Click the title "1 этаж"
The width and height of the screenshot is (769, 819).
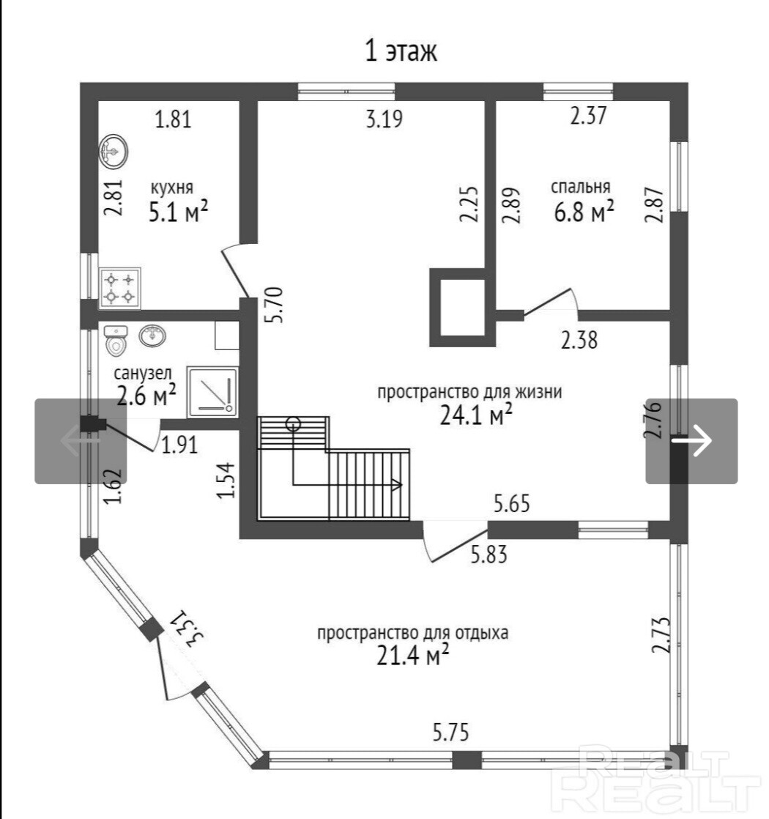pyautogui.click(x=401, y=51)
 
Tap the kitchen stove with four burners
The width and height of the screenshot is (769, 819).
pyautogui.click(x=119, y=288)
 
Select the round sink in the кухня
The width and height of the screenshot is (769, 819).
pyautogui.click(x=114, y=152)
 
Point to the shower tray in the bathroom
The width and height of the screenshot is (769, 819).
pyautogui.click(x=212, y=392)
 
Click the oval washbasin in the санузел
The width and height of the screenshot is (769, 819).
pyautogui.click(x=152, y=335)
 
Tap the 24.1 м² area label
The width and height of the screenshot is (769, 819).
pyautogui.click(x=476, y=415)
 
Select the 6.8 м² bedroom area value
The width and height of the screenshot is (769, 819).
pyautogui.click(x=584, y=212)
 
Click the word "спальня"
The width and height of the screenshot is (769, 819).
pyautogui.click(x=581, y=187)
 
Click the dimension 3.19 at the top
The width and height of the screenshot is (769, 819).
pyautogui.click(x=384, y=119)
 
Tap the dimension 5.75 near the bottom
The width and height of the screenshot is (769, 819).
pyautogui.click(x=451, y=733)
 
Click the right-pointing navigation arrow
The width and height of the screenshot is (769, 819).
pyautogui.click(x=692, y=440)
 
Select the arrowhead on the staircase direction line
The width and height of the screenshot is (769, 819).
pyautogui.click(x=396, y=485)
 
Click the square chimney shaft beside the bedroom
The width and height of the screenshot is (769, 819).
pyautogui.click(x=463, y=308)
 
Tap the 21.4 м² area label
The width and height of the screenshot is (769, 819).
pyautogui.click(x=413, y=655)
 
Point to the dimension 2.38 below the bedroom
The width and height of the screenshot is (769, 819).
pyautogui.click(x=579, y=340)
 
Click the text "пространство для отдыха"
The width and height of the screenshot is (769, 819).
pyautogui.click(x=413, y=632)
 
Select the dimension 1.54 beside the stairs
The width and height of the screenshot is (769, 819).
pyautogui.click(x=226, y=481)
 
